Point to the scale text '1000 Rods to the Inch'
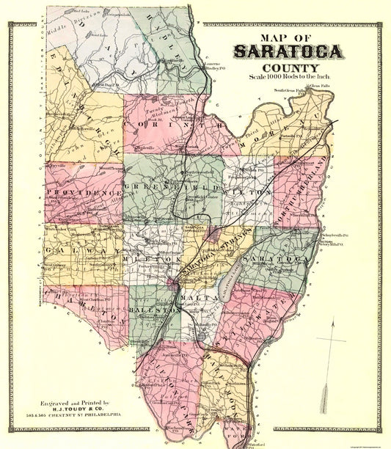293,79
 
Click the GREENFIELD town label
164,186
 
